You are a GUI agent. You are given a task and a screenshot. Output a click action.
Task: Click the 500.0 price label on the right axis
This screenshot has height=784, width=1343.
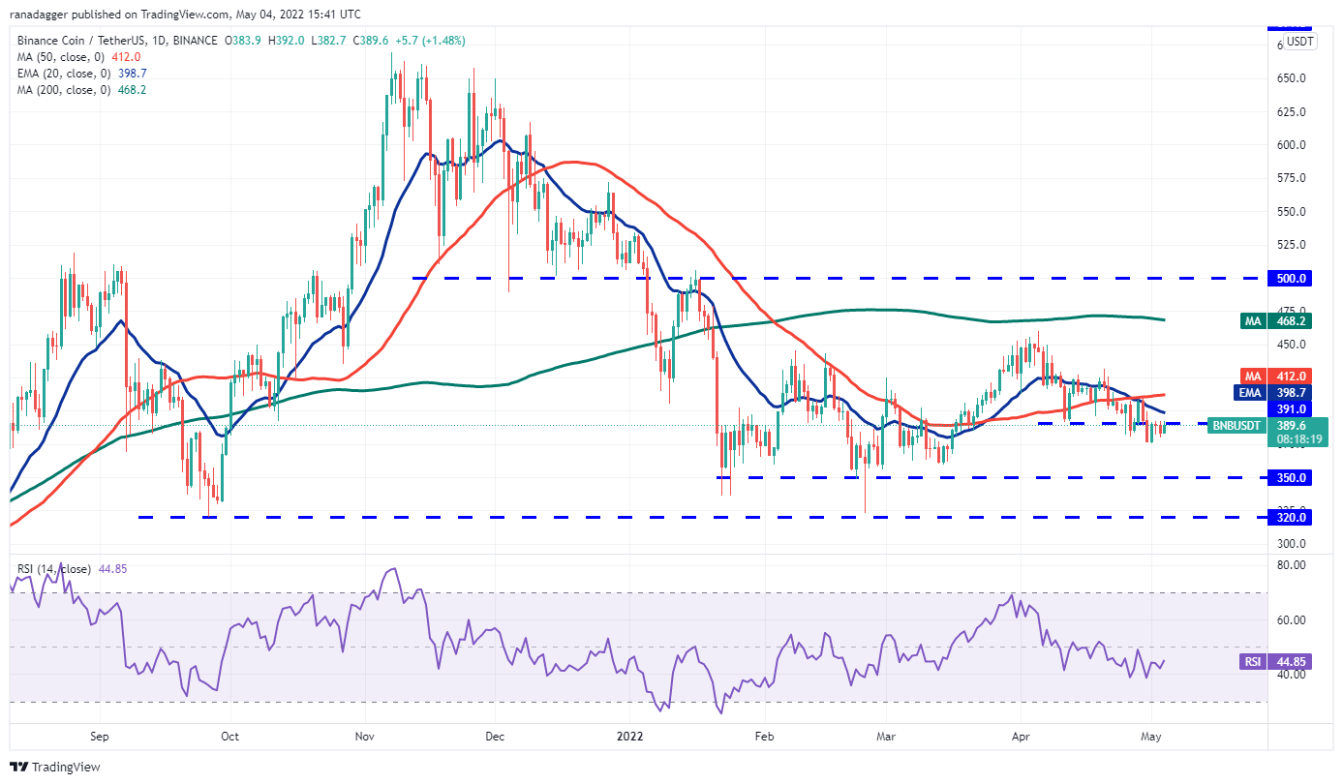[x=1293, y=278]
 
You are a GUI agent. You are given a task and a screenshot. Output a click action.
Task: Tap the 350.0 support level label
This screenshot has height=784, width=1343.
[x=1293, y=477]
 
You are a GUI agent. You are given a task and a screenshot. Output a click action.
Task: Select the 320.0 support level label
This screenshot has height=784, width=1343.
[x=1293, y=518]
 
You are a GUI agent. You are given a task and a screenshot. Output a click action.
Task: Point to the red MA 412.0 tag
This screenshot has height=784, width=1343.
[x=1293, y=376]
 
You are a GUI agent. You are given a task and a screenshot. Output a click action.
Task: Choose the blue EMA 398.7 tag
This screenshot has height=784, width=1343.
[x=1293, y=392]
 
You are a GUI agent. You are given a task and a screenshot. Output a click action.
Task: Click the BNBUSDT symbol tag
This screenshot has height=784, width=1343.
[x=1236, y=425]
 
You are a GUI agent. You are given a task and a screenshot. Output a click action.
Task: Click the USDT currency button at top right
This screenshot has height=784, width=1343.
[x=1299, y=42]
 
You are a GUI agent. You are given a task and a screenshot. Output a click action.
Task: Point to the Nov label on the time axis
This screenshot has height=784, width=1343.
[x=365, y=736]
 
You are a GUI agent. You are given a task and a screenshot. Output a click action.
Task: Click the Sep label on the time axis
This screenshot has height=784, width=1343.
[x=99, y=736]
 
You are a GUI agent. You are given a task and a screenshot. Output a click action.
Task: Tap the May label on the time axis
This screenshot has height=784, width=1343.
[x=1150, y=736]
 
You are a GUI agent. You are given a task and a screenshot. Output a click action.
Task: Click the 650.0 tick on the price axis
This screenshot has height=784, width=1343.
[x=1292, y=78]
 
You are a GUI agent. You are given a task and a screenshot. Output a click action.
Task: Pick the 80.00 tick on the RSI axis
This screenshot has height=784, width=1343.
[x=1292, y=565]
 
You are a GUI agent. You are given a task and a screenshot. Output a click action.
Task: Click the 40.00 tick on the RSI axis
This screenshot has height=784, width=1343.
[x=1292, y=676]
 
